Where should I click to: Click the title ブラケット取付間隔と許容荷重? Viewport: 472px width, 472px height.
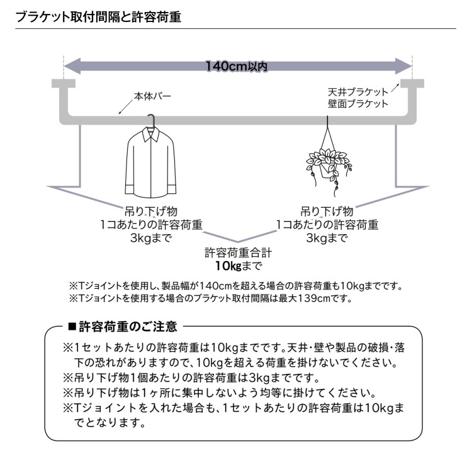pos(98,17)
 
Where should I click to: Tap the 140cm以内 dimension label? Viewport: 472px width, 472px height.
pos(237,66)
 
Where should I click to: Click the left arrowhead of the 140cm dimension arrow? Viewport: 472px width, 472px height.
pos(72,66)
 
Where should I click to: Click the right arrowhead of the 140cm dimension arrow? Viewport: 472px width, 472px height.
pos(403,66)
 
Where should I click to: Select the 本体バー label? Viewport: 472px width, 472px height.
pos(152,96)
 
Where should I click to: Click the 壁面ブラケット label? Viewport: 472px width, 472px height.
pos(358,104)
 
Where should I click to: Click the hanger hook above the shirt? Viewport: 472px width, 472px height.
pos(152,120)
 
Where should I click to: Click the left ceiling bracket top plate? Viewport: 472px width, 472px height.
pos(64,83)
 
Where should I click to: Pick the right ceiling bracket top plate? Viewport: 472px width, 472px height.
pos(412,83)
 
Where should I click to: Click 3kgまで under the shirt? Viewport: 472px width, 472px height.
pos(151,238)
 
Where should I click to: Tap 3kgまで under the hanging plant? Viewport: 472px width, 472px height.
pos(327,238)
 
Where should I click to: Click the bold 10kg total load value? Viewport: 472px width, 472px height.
pos(228,266)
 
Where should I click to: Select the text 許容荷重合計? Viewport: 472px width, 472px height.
pos(238,252)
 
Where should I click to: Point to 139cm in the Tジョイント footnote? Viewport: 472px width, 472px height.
pos(314,298)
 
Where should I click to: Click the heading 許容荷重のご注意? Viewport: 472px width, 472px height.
pos(128,327)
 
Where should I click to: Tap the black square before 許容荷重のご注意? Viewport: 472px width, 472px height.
pos(72,326)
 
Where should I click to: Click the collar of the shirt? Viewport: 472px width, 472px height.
pos(151,135)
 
